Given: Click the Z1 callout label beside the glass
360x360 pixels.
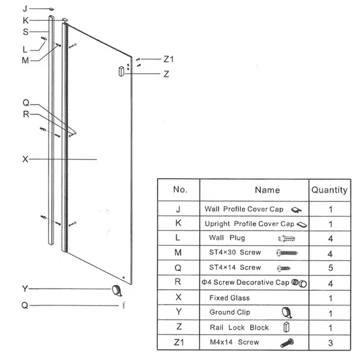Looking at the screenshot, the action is (169, 59).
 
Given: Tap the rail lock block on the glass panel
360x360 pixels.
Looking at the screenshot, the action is (121, 71).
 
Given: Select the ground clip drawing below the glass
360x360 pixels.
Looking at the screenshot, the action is (117, 291).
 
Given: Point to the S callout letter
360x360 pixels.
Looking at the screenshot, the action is (26, 32).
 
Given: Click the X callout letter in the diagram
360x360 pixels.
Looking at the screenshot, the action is (25, 159).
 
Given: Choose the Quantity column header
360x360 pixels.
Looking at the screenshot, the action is (330, 190).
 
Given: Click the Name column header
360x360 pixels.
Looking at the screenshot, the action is (268, 190).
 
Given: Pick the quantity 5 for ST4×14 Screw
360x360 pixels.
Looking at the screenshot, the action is (330, 268).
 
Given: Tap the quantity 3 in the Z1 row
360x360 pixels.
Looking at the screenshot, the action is (330, 343).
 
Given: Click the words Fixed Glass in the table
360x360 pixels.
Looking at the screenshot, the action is (229, 297).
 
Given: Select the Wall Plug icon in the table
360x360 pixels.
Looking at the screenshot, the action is (287, 239).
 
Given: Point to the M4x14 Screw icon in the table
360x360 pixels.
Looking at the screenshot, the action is (287, 343).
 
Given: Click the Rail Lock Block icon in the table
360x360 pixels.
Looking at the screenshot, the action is (286, 327).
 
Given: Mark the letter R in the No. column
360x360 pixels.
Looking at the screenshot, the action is (177, 282).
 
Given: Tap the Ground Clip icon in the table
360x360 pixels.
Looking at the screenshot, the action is (287, 313).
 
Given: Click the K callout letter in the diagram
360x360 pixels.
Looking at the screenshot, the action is (25, 20).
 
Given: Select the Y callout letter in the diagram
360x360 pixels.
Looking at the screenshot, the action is (25, 289).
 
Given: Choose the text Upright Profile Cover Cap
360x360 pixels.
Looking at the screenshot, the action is (249, 224).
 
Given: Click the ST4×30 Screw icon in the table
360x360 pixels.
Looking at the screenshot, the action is (287, 253).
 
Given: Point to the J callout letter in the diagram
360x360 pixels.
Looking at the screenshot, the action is (25, 9).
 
